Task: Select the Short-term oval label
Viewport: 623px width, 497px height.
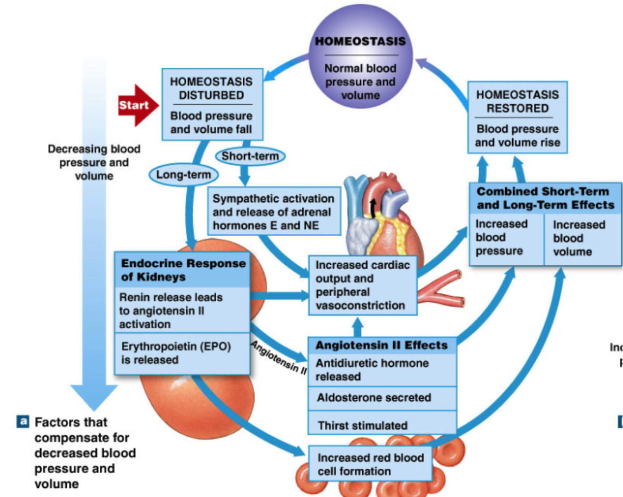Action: (x=250, y=156)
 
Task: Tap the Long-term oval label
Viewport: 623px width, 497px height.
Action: (x=184, y=175)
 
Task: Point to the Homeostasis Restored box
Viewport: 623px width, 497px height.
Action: (x=517, y=117)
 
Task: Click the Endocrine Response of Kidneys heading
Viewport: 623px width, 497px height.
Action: (x=183, y=270)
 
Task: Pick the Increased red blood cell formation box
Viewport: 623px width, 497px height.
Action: (x=370, y=464)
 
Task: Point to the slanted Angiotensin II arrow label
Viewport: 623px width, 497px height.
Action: (x=278, y=358)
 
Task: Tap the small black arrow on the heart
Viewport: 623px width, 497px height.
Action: (x=372, y=206)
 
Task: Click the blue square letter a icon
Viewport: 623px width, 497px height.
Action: (x=23, y=421)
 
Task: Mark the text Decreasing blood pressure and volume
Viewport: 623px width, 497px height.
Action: (x=93, y=162)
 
